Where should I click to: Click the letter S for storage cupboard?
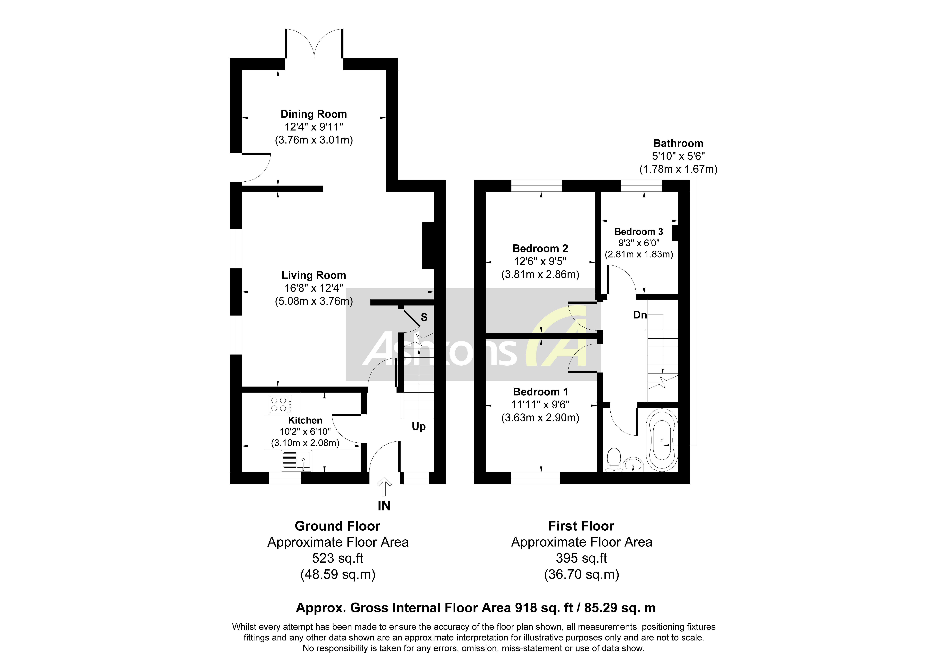(x=424, y=317)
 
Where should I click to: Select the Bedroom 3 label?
(x=639, y=232)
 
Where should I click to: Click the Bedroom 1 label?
(x=540, y=392)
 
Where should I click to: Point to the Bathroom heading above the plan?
(x=678, y=143)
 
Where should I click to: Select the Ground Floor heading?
(x=337, y=526)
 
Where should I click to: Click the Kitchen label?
(x=305, y=420)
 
